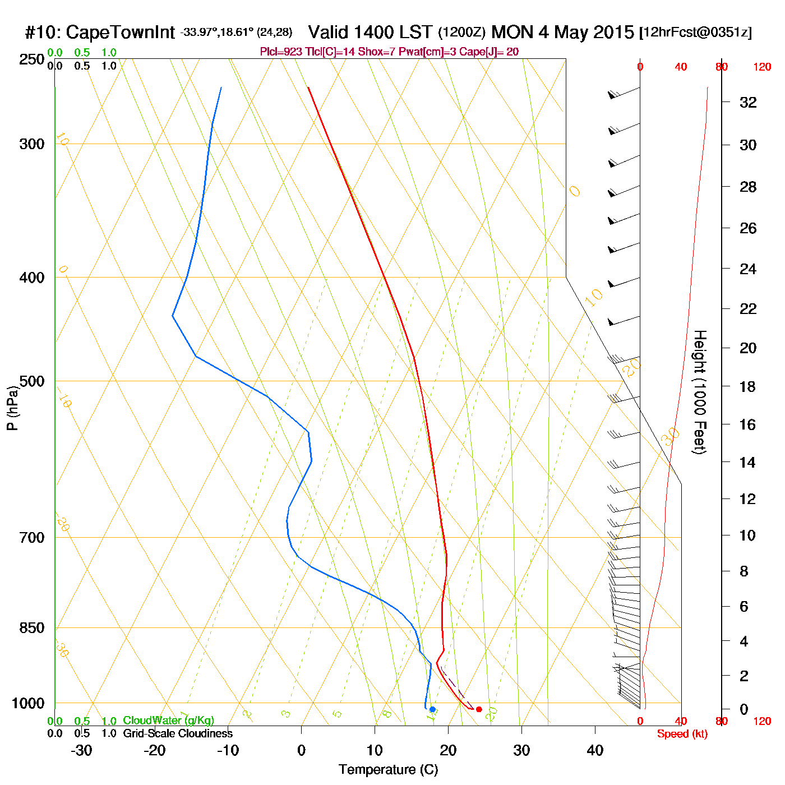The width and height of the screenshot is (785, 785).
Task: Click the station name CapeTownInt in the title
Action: point(121,33)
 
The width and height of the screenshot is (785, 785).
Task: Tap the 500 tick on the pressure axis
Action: point(32,381)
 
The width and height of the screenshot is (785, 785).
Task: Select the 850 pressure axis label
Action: point(32,628)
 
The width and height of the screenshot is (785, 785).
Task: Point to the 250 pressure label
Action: point(32,59)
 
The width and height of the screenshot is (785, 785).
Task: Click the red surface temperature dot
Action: point(479,709)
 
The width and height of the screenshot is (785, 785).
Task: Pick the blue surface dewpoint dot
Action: point(432,709)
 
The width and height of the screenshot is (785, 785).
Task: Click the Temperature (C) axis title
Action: point(388,770)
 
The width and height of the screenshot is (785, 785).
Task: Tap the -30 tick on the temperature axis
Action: point(81,750)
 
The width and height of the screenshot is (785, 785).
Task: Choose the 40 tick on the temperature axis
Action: point(595,750)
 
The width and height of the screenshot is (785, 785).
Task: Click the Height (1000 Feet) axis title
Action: point(700,392)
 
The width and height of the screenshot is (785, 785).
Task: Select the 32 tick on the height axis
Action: point(748,103)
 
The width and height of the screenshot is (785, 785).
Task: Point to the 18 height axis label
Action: point(748,386)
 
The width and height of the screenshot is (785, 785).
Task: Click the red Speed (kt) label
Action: point(682,734)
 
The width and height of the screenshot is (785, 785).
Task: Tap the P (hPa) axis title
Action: point(12,408)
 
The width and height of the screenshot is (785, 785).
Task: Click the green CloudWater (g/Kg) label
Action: point(168,721)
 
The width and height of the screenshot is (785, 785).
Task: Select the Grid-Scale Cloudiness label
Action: point(178,733)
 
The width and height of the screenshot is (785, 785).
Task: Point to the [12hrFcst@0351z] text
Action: point(695,33)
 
